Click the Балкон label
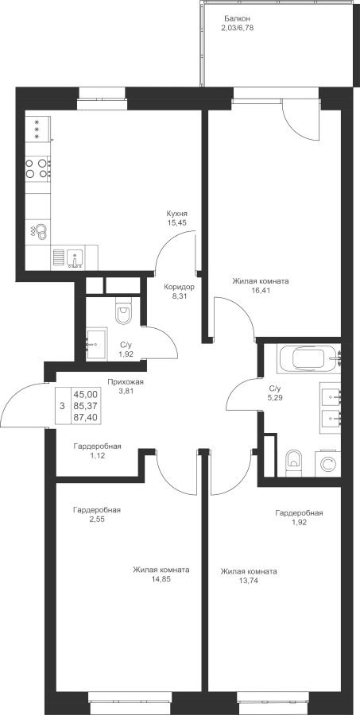pos(238,19)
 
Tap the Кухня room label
pos(177,214)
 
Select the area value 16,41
pos(260,290)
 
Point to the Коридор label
pos(180,288)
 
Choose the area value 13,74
pos(248,581)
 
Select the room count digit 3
pos(62,405)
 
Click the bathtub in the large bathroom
pos(309,359)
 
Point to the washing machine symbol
pos(327,464)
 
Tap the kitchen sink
pos(75,258)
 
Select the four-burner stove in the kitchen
pos(37,168)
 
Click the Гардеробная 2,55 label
pos(97,514)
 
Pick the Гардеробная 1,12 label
pos(97,450)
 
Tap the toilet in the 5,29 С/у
pos(293,463)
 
